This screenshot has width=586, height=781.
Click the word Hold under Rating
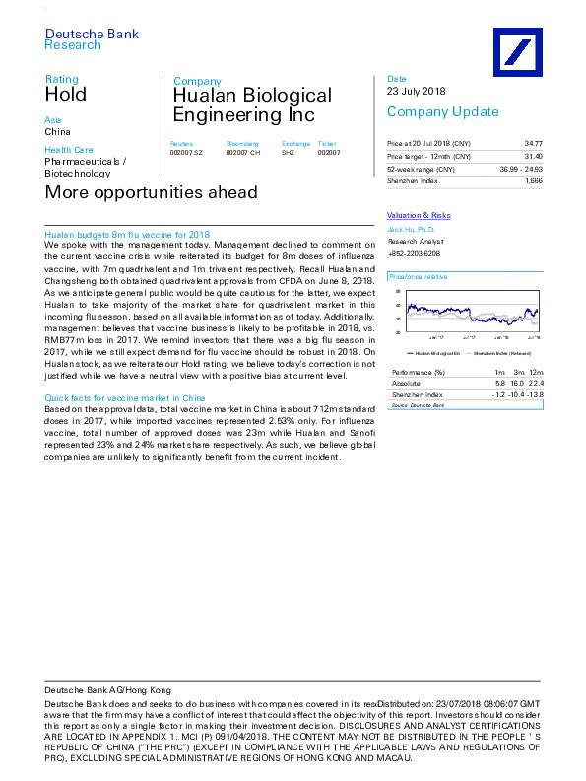click(x=66, y=95)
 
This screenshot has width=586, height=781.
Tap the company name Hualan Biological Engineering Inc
click(x=252, y=106)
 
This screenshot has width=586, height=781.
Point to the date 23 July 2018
click(x=417, y=92)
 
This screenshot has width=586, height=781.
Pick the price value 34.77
click(x=532, y=144)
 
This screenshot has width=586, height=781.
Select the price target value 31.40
click(x=532, y=157)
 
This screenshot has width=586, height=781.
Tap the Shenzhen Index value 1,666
click(x=533, y=181)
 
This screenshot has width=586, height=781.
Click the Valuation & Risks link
click(x=419, y=215)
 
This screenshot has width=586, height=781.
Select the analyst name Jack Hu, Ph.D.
click(x=411, y=228)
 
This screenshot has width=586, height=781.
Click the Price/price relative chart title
click(x=418, y=278)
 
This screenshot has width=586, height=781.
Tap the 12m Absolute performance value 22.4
click(x=535, y=382)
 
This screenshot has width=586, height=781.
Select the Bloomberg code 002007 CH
click(x=243, y=153)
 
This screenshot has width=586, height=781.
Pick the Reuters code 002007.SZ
click(x=186, y=153)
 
